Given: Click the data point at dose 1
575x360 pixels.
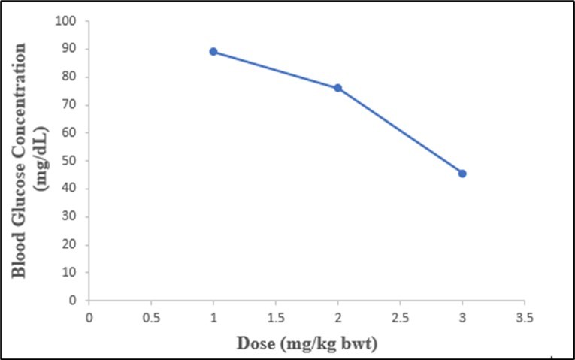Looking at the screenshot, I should point(213,52).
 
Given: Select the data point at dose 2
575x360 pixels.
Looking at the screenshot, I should point(338,88).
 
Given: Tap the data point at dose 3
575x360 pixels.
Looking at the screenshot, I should point(462,174).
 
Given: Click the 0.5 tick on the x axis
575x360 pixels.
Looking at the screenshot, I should point(151,317).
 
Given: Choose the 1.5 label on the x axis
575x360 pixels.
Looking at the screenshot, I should point(276,317).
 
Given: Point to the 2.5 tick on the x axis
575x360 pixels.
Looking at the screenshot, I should point(400,317).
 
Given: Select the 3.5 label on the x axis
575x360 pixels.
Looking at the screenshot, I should point(525,317).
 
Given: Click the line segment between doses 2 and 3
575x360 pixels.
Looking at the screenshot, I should point(400,131).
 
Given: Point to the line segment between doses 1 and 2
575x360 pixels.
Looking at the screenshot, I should point(276,70).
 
